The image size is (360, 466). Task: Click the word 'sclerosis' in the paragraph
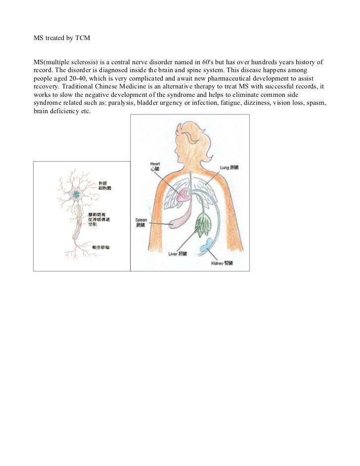click(80, 63)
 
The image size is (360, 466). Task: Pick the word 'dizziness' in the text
click(268, 102)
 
